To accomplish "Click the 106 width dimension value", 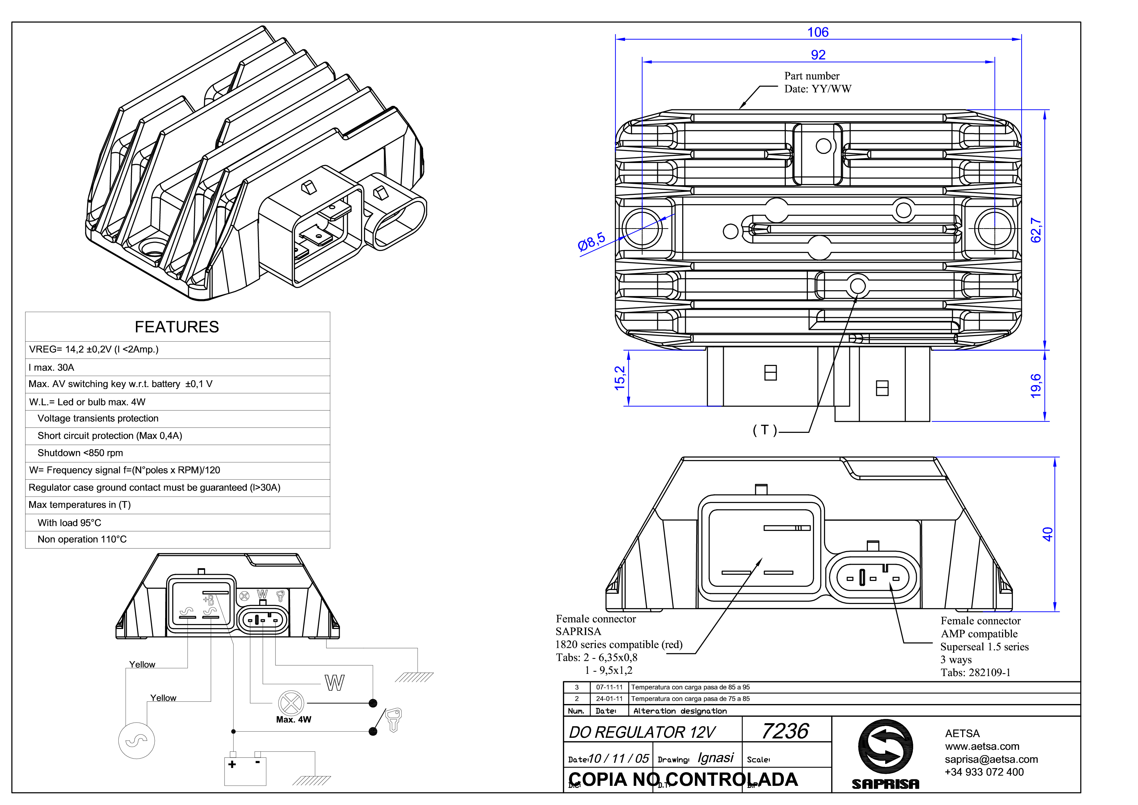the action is (818, 32).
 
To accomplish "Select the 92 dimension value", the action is (818, 55).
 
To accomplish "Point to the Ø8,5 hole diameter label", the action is (592, 242).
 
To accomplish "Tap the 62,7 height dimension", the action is (1036, 230).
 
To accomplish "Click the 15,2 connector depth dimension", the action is (620, 378).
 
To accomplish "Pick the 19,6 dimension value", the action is (1036, 386).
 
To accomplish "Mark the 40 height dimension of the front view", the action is (1047, 534).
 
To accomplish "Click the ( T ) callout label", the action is (765, 430).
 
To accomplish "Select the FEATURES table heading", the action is (177, 327).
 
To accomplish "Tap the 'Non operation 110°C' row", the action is (82, 539).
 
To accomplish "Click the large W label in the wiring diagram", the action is (334, 683).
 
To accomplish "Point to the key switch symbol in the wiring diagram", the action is (393, 719).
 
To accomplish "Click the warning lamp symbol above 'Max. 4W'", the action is (291, 703).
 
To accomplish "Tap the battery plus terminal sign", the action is (232, 764).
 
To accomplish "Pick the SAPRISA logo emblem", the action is (886, 747).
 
